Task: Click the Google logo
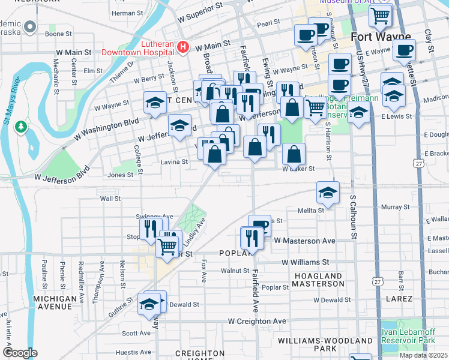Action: (20, 352)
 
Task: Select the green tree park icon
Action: (22, 127)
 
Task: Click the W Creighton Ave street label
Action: (257, 322)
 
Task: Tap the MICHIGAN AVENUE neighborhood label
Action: (59, 302)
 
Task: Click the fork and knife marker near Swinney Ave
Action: (150, 228)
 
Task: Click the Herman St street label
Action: (124, 13)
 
